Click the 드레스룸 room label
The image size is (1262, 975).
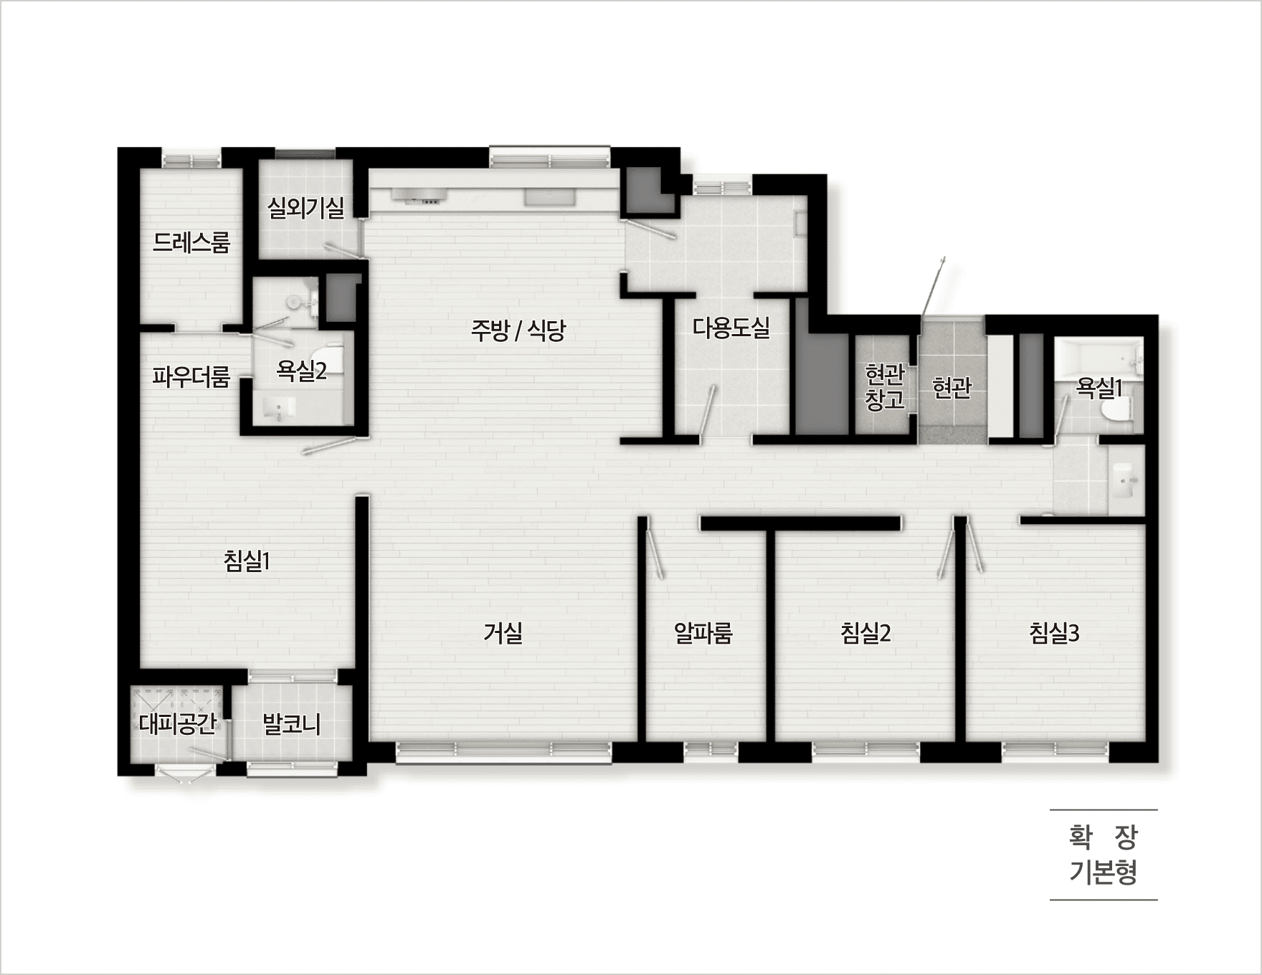point(191,243)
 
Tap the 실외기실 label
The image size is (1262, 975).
point(305,208)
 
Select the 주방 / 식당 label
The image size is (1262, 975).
point(518,330)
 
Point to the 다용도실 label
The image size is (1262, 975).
point(731,328)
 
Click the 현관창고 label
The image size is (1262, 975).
point(885,387)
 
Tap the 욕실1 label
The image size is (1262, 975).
point(1099,388)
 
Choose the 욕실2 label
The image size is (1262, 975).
point(302,371)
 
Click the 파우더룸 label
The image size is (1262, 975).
point(191,376)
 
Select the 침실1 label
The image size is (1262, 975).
point(247,561)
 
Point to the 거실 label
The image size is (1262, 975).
point(503,632)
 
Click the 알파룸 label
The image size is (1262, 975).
point(703,632)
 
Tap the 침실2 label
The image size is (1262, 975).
point(865,632)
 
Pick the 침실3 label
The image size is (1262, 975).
point(1054,632)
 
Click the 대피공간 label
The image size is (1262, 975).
point(178,724)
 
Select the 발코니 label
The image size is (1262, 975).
point(292,724)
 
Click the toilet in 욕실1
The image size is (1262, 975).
point(1117,410)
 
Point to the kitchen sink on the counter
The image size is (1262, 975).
point(548,196)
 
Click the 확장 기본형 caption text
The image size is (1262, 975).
point(1104,855)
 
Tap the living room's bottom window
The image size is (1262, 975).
point(504,751)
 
